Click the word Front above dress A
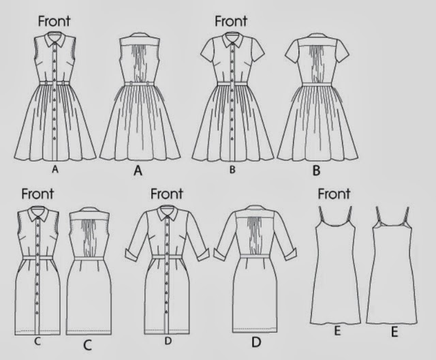[57, 21]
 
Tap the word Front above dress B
[231, 21]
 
